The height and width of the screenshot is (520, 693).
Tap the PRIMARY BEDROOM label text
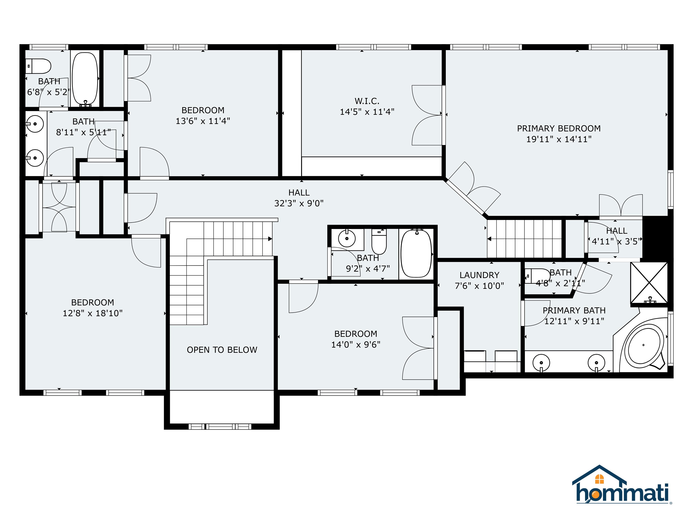pyautogui.click(x=559, y=128)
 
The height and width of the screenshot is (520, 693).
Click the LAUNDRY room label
pyautogui.click(x=479, y=275)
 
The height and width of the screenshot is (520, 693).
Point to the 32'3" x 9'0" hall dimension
pyautogui.click(x=299, y=203)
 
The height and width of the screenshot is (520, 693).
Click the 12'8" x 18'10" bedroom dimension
pyautogui.click(x=92, y=313)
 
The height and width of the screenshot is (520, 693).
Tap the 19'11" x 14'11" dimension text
pyautogui.click(x=559, y=139)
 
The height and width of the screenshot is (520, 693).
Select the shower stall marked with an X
pyautogui.click(x=649, y=283)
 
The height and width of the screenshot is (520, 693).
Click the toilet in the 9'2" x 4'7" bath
pyautogui.click(x=379, y=241)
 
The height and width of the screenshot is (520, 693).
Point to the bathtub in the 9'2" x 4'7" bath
pyautogui.click(x=416, y=253)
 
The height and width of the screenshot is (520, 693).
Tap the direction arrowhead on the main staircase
pyautogui.click(x=270, y=239)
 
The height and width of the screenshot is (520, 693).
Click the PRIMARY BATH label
pyautogui.click(x=574, y=310)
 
